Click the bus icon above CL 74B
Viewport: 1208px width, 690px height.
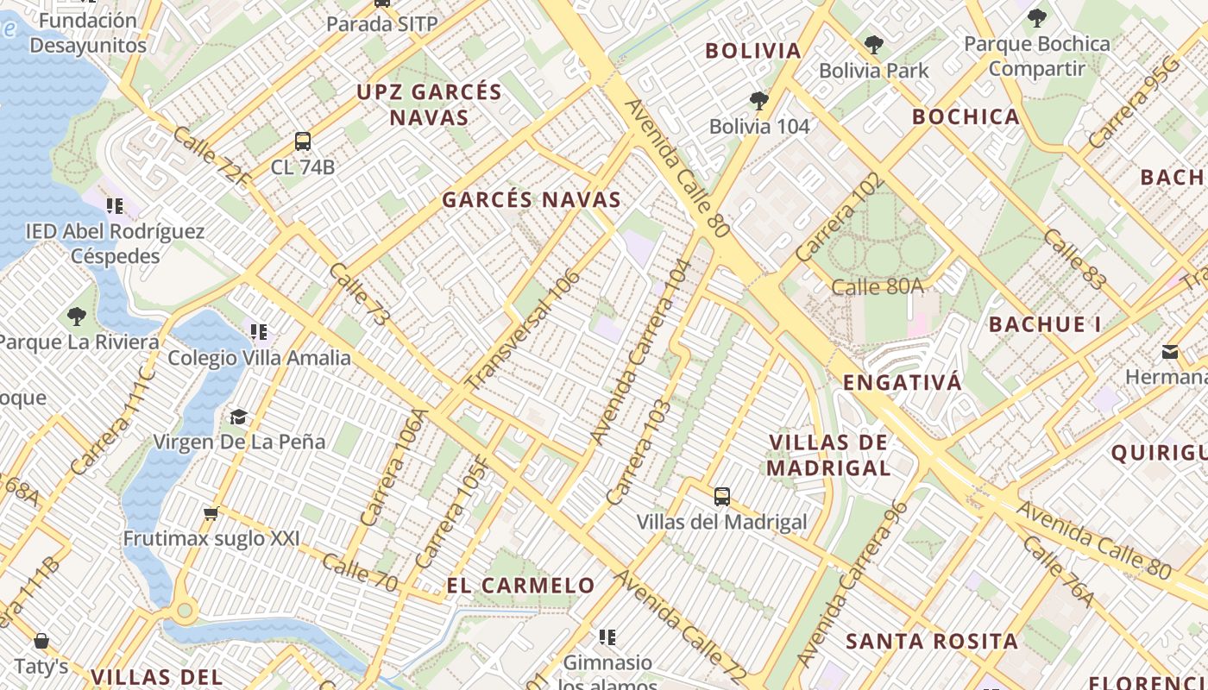(302, 141)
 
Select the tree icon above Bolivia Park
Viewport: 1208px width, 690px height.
(874, 45)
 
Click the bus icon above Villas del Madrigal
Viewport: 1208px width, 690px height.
(722, 497)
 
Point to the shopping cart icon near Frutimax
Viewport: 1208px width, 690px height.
(211, 514)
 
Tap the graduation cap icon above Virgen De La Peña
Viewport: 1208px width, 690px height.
(238, 417)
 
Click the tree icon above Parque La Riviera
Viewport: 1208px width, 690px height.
(77, 317)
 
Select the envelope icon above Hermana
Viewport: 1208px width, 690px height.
(1170, 352)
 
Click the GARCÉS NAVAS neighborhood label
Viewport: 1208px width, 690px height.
(532, 200)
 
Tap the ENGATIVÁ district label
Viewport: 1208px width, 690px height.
(902, 383)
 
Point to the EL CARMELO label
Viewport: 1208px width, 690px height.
(521, 586)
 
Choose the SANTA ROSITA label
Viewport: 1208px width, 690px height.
(932, 642)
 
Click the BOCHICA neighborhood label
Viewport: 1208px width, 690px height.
(966, 117)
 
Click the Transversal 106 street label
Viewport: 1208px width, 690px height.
(523, 330)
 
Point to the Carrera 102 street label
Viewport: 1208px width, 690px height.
(840, 217)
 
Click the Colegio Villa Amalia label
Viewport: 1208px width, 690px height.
(259, 358)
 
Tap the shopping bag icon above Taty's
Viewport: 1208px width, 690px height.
(41, 641)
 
